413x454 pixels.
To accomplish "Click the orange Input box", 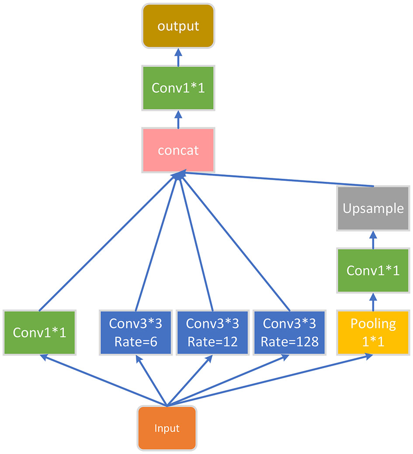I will click(x=167, y=428).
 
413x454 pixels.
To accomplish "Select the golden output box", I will click(x=178, y=26).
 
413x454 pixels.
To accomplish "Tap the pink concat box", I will click(x=178, y=150).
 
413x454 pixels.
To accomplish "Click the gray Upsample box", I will click(x=373, y=208).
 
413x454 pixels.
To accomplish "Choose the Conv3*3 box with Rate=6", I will click(x=135, y=332).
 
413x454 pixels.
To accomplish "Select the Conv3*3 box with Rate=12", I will click(x=212, y=332).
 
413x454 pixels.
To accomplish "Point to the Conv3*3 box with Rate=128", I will click(x=289, y=332).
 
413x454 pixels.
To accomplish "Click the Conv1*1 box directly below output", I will click(x=178, y=88).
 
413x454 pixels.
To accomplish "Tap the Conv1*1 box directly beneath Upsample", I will click(x=373, y=270).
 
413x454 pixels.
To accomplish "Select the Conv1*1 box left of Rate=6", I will click(x=39, y=332).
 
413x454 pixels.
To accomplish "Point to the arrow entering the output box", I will click(x=178, y=57).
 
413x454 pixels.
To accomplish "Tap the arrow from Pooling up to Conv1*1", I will click(x=373, y=302).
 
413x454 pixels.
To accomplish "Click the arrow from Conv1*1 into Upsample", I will click(x=373, y=239).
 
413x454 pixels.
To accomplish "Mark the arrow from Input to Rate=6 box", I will click(x=151, y=380).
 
